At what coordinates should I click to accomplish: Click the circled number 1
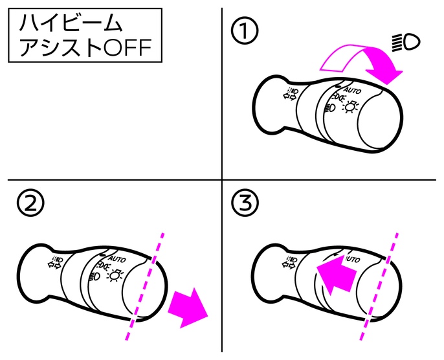pyautogui.click(x=245, y=30)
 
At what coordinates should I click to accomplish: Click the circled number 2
pyautogui.click(x=30, y=203)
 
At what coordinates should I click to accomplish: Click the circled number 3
pyautogui.click(x=245, y=203)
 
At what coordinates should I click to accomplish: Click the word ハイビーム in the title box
pyautogui.click(x=71, y=23)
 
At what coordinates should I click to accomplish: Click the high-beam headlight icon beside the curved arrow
pyautogui.click(x=406, y=43)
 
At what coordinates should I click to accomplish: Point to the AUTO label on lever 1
pyautogui.click(x=353, y=91)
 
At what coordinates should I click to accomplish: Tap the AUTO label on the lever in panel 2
pyautogui.click(x=117, y=259)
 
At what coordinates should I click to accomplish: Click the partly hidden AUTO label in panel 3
pyautogui.click(x=353, y=259)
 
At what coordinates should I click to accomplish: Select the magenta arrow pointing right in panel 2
pyautogui.click(x=188, y=308)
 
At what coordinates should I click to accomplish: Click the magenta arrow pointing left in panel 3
pyautogui.click(x=336, y=275)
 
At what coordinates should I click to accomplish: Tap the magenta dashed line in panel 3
pyautogui.click(x=379, y=286)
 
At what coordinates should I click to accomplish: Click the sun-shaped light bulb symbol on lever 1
pyautogui.click(x=350, y=107)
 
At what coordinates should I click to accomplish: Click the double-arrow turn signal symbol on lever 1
pyautogui.click(x=291, y=94)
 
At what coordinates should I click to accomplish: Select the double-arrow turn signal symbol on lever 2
pyautogui.click(x=55, y=262)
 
